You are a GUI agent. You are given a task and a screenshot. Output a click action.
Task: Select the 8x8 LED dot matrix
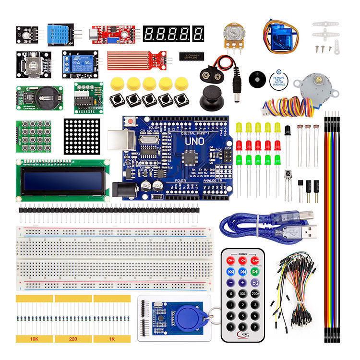[x=82, y=135]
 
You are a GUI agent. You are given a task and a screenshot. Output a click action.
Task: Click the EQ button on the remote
[x=255, y=282]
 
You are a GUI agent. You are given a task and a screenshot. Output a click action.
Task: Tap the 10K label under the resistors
[x=34, y=338]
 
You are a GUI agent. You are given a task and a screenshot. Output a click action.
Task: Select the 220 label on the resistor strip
[x=73, y=338]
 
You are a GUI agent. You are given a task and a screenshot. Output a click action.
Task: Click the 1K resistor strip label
[x=111, y=338]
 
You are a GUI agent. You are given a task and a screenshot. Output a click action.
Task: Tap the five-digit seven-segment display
[x=174, y=34]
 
